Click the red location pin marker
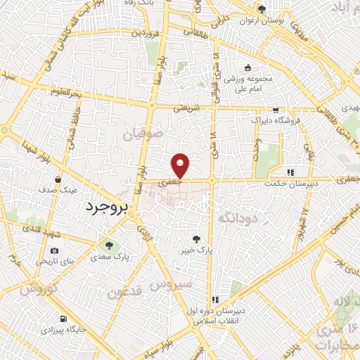coord(181,165)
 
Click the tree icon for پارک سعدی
coord(109,245)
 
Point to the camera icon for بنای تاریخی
coord(55,251)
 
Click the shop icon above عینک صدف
coord(55,178)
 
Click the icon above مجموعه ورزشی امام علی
coord(247,67)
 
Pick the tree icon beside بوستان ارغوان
coord(262,10)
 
